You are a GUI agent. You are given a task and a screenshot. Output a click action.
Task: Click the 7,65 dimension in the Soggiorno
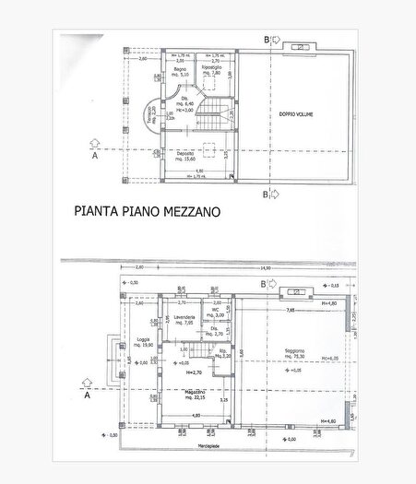[x=290, y=311]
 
